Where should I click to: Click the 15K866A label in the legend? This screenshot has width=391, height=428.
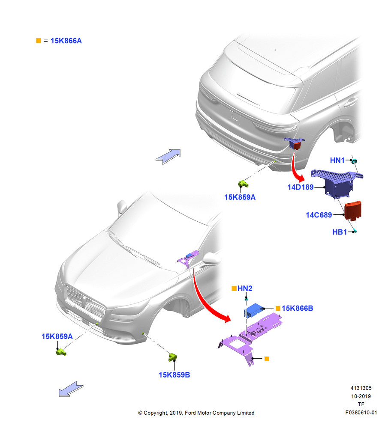click(x=66, y=41)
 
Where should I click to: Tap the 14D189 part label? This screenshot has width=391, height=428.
click(x=300, y=187)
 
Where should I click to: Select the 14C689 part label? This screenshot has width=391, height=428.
click(x=319, y=215)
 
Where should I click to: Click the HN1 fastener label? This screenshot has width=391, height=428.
click(x=337, y=160)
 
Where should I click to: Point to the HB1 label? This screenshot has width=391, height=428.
click(x=339, y=232)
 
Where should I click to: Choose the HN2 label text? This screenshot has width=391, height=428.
click(x=245, y=288)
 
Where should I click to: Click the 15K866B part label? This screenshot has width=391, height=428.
click(x=297, y=308)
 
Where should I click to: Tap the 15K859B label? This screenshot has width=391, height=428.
click(x=174, y=375)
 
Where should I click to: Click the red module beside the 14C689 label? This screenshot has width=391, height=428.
click(x=353, y=211)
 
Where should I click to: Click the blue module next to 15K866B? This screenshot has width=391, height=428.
click(x=254, y=310)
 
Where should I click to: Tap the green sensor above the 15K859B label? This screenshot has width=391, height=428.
click(x=172, y=357)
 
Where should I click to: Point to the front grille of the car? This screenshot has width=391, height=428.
click(x=85, y=302)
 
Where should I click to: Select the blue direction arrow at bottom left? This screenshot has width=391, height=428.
click(x=71, y=389)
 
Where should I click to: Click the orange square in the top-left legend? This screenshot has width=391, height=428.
click(x=39, y=41)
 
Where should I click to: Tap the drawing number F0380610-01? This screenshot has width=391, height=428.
click(x=361, y=413)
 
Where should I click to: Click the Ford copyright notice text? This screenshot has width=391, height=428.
click(x=196, y=413)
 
